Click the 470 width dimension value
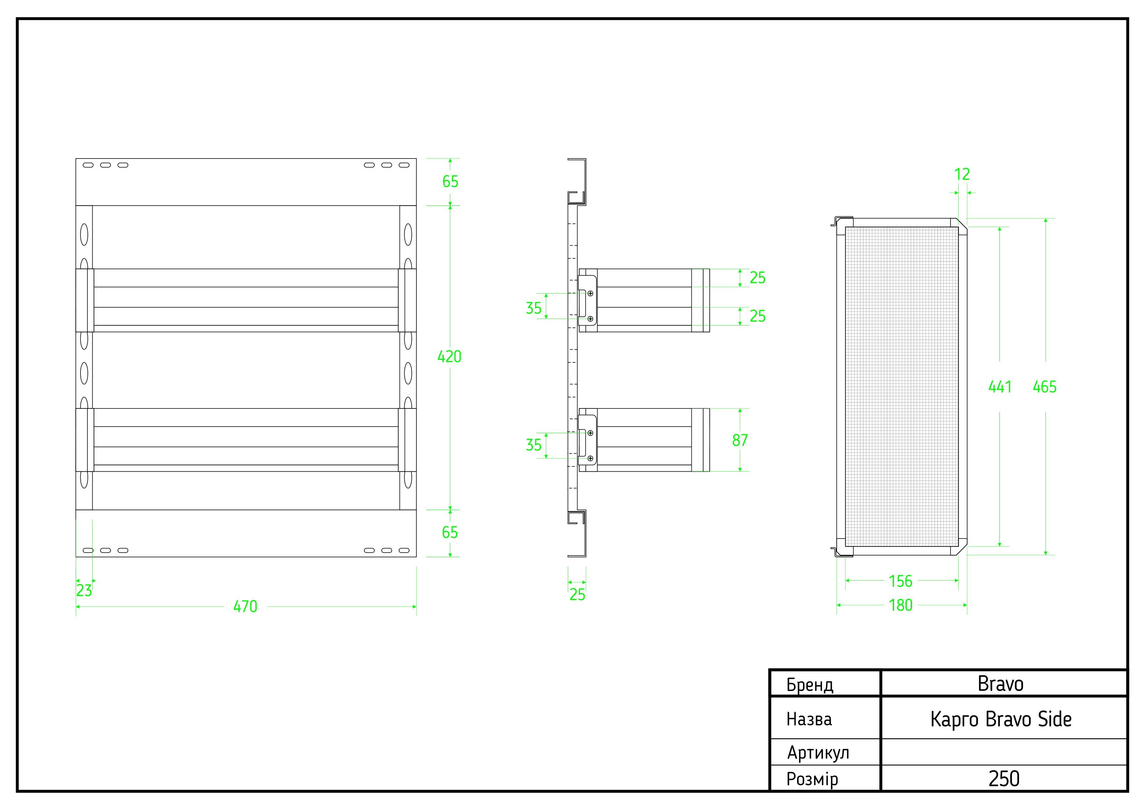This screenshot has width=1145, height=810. (x=245, y=606)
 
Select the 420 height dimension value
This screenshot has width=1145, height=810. (x=449, y=357)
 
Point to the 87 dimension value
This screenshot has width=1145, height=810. (x=739, y=440)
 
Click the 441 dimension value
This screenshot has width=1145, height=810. (x=1000, y=387)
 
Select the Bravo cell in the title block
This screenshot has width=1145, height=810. (x=1000, y=684)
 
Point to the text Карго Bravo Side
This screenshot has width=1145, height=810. (x=1000, y=719)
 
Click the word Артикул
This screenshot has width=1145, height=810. (x=818, y=753)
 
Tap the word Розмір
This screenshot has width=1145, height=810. (x=812, y=779)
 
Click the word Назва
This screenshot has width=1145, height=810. (x=809, y=719)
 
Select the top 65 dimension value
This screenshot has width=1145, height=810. (x=450, y=182)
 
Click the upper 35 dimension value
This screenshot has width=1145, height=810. (x=533, y=308)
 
